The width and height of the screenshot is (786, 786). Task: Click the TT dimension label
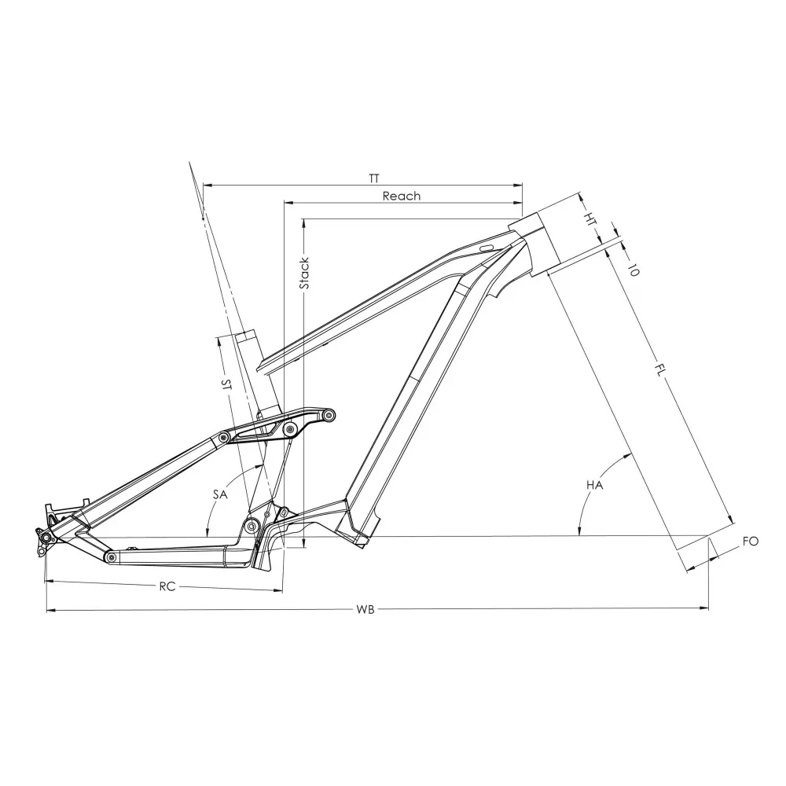coord(374,178)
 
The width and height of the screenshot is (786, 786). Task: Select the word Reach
coord(402,196)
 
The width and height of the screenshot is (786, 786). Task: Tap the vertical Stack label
coord(304,274)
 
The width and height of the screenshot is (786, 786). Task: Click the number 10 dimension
coord(634,270)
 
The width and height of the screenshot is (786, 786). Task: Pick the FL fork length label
coord(661,370)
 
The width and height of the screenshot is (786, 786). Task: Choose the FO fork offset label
coord(751,542)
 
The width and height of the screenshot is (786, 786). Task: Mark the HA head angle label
coord(594,485)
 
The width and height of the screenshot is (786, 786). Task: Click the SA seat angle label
coord(220,494)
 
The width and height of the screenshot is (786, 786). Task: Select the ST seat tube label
coord(226,384)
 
